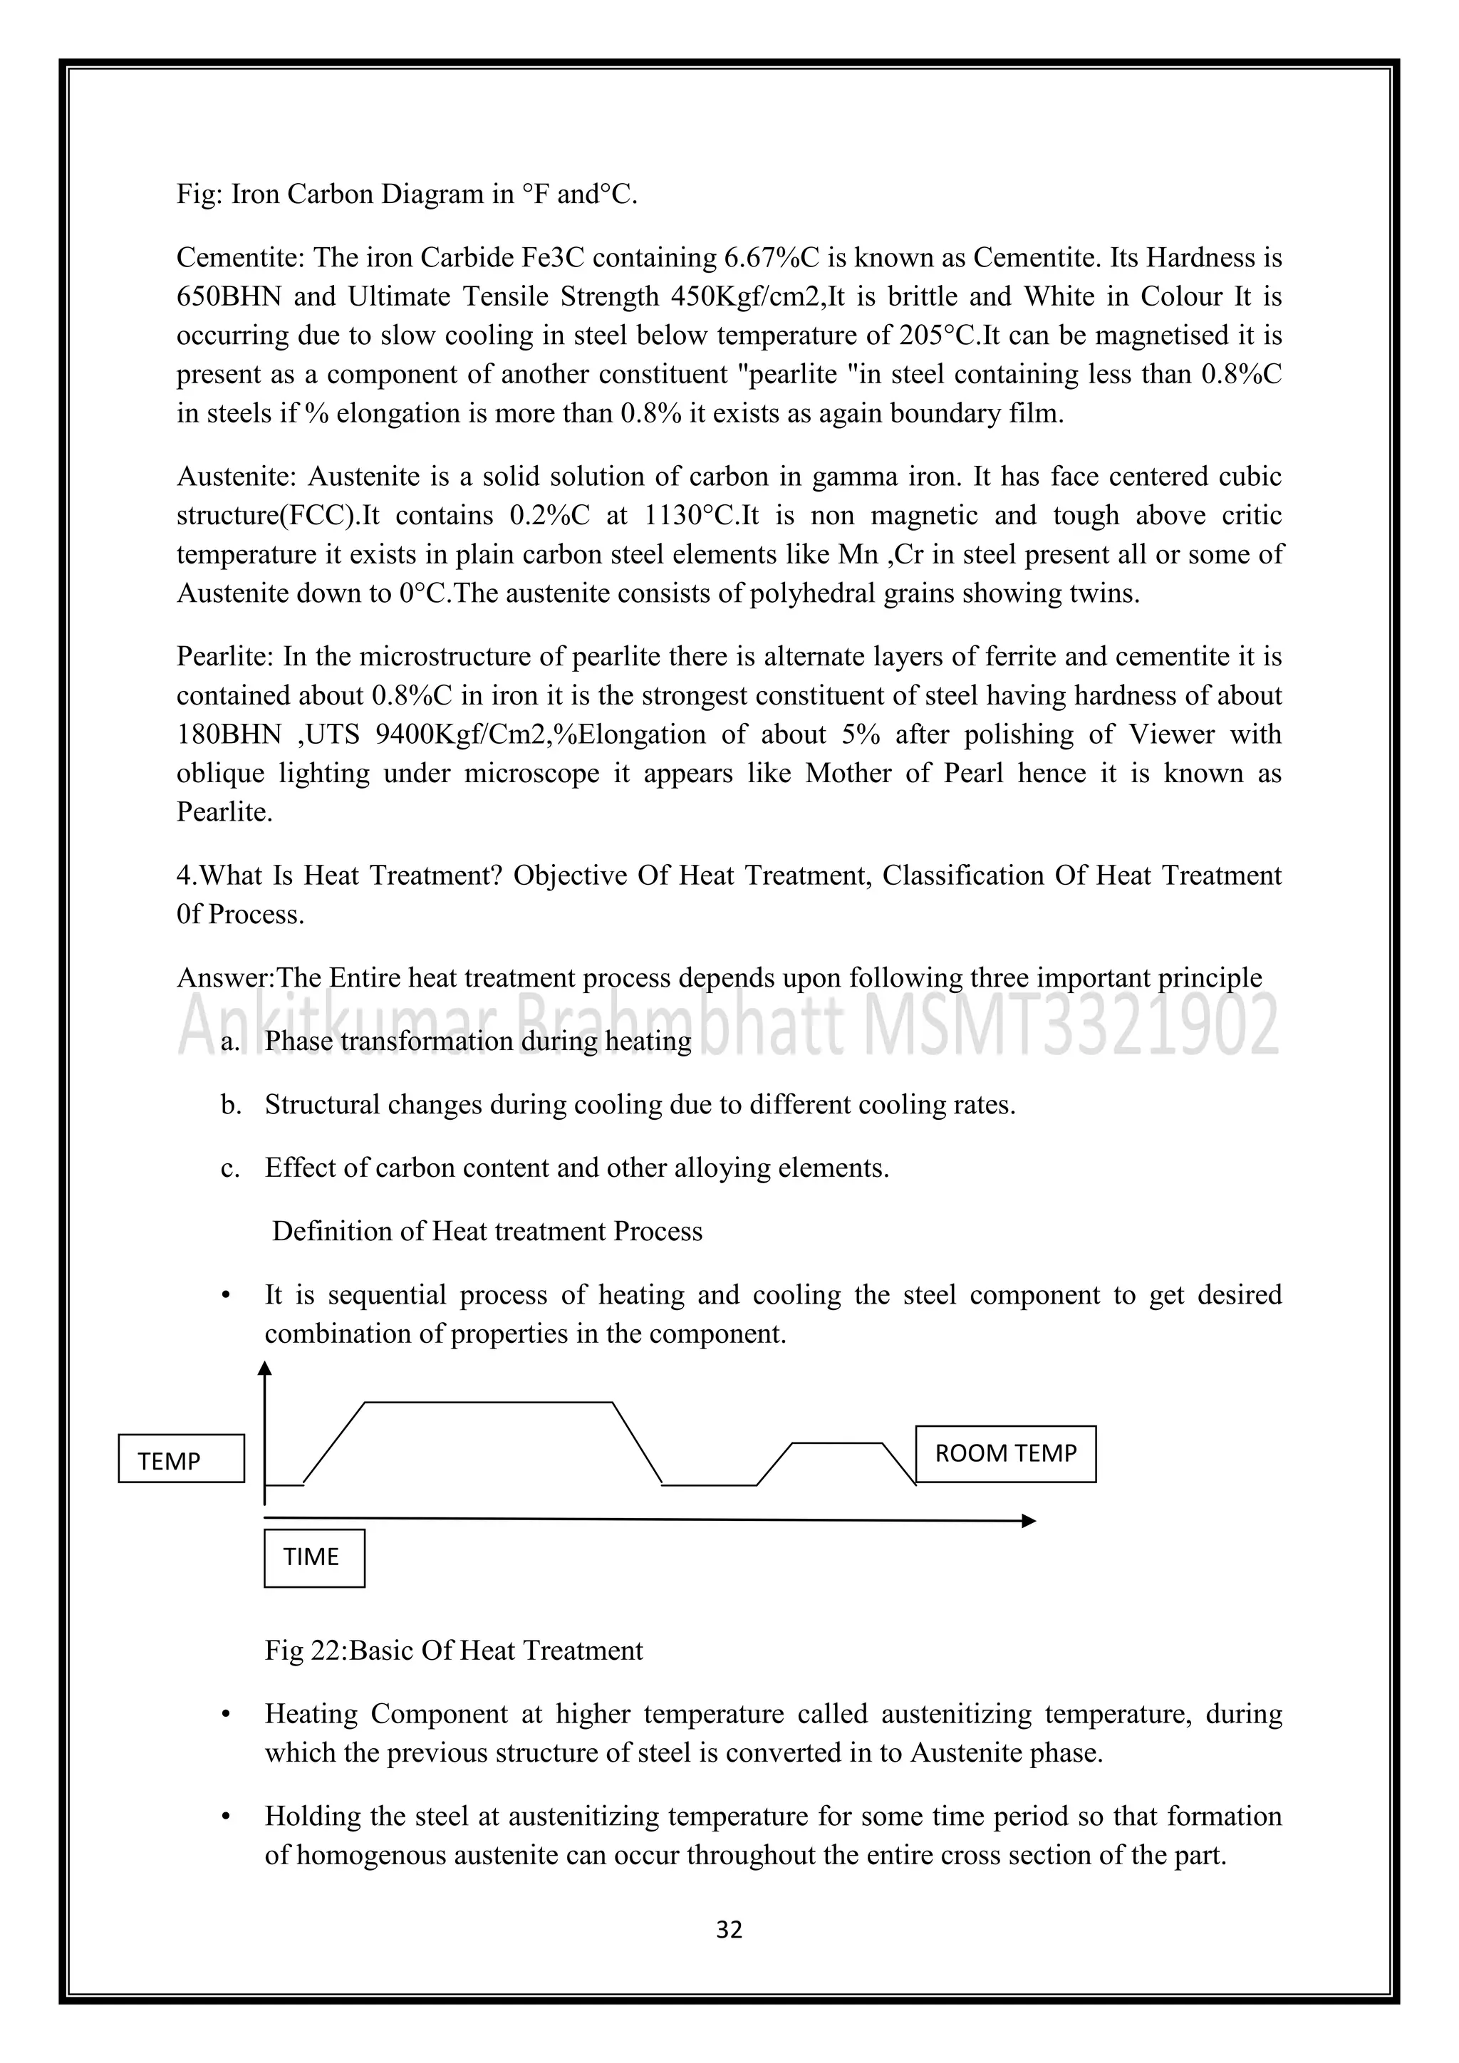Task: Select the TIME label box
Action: click(x=313, y=1557)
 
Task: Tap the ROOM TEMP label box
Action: click(x=1005, y=1454)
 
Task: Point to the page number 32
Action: click(x=729, y=1929)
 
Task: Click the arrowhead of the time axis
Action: click(x=1029, y=1520)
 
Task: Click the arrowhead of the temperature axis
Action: click(x=264, y=1369)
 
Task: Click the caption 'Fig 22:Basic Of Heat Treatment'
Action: click(x=454, y=1651)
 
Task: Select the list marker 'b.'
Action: click(x=232, y=1104)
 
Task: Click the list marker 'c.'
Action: click(x=231, y=1168)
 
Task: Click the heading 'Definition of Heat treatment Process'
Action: click(x=487, y=1231)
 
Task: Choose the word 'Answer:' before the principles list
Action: click(x=224, y=977)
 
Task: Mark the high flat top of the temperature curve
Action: click(x=489, y=1402)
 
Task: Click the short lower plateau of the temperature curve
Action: click(x=837, y=1444)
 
